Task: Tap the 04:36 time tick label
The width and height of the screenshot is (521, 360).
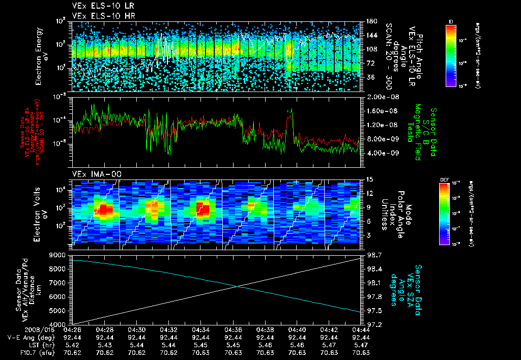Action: (233, 329)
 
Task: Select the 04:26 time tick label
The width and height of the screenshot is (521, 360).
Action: (72, 329)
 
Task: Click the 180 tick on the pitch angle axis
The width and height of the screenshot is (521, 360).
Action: (370, 21)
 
